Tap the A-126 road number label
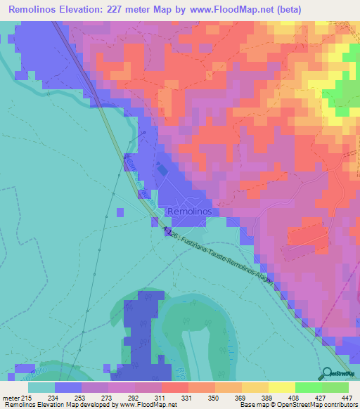169,231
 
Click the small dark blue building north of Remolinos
162,169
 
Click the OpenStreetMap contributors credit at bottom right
309,405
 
